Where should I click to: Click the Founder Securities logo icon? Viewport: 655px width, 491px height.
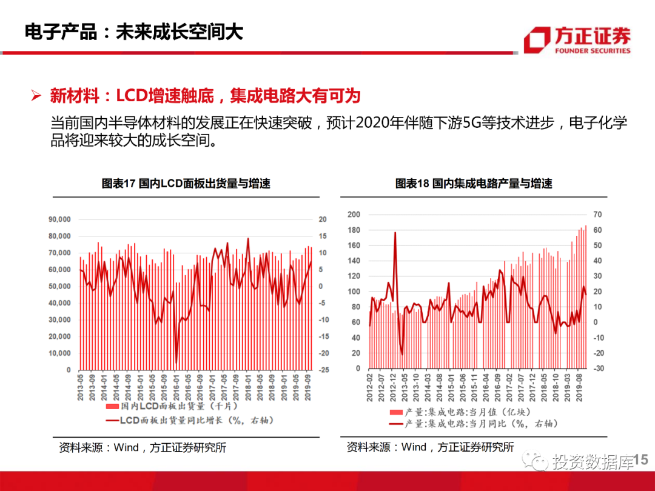point(537,40)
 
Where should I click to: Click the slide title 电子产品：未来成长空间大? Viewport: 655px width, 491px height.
point(133,32)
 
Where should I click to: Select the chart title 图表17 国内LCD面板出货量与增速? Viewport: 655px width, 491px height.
point(186,184)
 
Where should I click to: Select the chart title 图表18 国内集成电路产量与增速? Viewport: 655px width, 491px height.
point(474,184)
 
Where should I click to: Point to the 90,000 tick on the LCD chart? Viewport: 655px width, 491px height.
point(59,219)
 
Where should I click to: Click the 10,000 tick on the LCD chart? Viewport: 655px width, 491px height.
point(59,353)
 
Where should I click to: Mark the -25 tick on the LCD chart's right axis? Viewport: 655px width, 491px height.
point(324,370)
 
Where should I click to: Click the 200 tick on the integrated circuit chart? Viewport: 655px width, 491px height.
point(354,215)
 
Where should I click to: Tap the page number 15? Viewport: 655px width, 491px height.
point(641,461)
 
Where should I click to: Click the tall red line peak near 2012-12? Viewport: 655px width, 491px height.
point(395,233)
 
